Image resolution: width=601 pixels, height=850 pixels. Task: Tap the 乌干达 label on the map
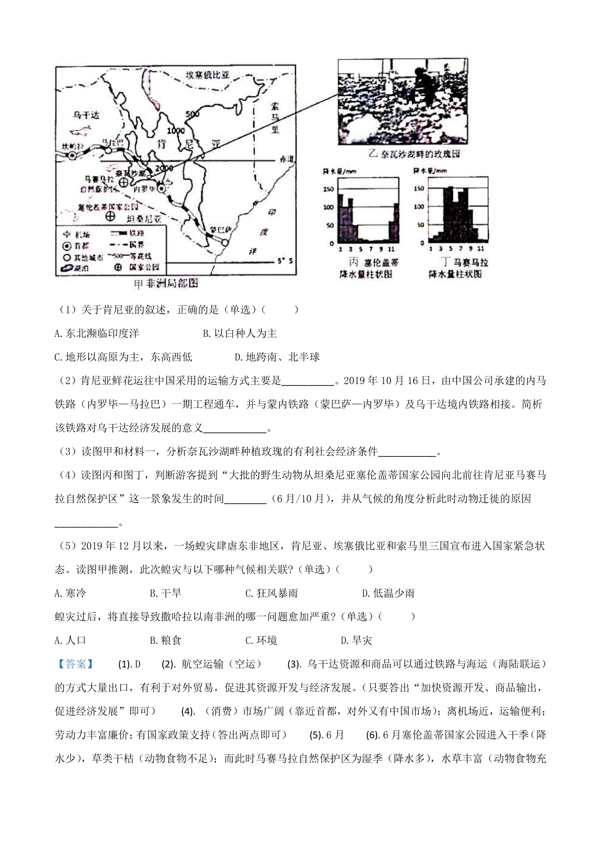(86, 115)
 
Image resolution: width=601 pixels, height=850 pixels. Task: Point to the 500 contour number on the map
(193, 114)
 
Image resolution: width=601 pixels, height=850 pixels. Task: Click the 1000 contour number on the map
(176, 131)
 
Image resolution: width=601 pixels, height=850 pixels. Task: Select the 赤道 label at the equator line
(286, 159)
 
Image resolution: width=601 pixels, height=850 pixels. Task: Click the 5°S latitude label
(285, 261)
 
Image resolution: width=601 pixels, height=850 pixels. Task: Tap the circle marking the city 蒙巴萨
(225, 242)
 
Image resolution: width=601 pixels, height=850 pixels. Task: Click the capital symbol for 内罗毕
(161, 188)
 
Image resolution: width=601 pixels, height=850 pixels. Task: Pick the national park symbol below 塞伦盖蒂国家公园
(111, 216)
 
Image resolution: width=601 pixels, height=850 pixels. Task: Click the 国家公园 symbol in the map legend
(118, 267)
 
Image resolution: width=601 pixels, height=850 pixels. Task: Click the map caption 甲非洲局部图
(166, 284)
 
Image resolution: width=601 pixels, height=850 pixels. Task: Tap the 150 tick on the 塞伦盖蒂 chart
(329, 189)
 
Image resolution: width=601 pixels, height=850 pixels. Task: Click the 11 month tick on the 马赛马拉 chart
(481, 248)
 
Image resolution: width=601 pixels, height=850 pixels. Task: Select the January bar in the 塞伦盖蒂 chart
(341, 218)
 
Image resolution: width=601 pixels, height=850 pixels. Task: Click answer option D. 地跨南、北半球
(277, 357)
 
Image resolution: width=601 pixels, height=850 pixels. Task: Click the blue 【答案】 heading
(76, 664)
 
